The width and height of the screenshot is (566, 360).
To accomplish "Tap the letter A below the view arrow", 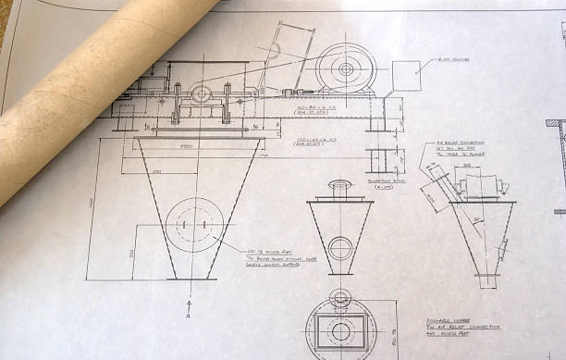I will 190,315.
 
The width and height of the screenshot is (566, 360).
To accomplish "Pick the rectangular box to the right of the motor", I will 407,80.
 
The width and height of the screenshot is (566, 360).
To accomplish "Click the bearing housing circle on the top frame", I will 202,93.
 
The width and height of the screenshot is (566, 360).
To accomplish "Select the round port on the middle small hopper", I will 340,248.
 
